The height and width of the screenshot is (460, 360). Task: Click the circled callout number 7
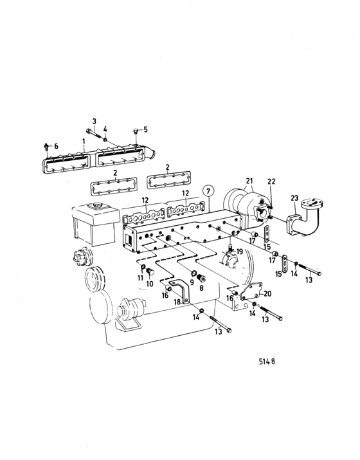click(x=208, y=192)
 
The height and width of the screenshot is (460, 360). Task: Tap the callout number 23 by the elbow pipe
click(x=294, y=198)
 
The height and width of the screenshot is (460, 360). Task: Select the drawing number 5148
click(x=267, y=361)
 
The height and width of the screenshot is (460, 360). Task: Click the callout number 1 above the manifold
click(x=84, y=142)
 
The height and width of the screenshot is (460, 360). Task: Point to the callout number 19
click(x=240, y=252)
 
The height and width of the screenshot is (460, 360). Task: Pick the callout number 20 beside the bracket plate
click(x=267, y=293)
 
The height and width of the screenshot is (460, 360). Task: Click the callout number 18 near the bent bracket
click(x=177, y=302)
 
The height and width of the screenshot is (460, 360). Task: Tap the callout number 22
click(x=271, y=181)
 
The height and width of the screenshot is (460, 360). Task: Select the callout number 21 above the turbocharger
click(x=249, y=181)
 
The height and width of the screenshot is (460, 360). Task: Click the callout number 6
click(x=56, y=146)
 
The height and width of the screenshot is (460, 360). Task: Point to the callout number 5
click(x=145, y=129)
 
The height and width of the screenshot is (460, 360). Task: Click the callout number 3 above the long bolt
click(x=94, y=121)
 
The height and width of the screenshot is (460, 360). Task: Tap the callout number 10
click(x=150, y=284)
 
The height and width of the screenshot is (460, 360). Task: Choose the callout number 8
click(x=201, y=288)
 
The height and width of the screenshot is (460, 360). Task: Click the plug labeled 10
click(x=150, y=272)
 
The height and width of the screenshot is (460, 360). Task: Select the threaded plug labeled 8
click(x=201, y=277)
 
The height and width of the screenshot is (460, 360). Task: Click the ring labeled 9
click(x=194, y=273)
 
